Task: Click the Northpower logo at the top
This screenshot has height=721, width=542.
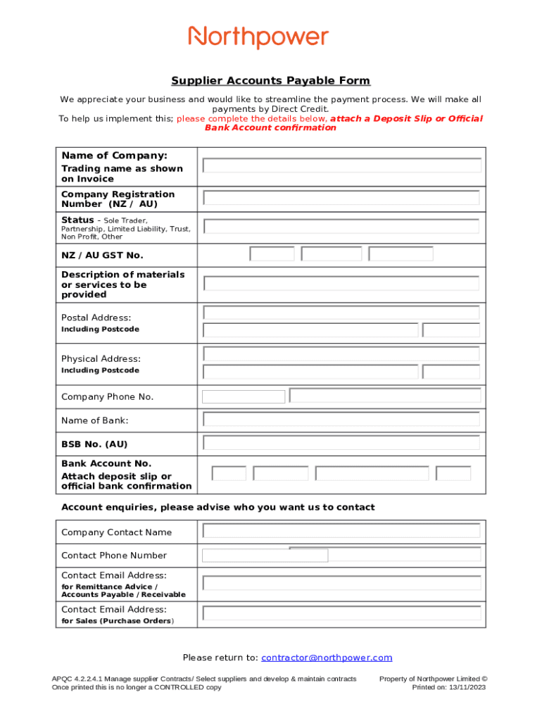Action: pos(258,37)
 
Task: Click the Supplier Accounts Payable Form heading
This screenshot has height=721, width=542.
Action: pos(271,81)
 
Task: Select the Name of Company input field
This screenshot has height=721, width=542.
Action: pos(341,165)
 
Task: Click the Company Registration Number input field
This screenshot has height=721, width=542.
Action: pos(341,198)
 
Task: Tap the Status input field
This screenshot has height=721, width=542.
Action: pos(341,227)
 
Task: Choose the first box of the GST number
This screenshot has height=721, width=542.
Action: pos(272,254)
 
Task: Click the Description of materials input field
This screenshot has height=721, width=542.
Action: pos(341,284)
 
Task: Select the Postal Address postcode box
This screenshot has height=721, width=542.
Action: pos(451,330)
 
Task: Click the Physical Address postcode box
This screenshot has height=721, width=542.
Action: pos(451,372)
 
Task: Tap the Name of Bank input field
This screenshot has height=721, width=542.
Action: pos(341,420)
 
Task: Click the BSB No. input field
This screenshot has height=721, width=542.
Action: pos(341,443)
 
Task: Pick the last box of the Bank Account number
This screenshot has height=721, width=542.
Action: pos(453,473)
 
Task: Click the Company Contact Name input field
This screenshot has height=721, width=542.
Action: pos(341,531)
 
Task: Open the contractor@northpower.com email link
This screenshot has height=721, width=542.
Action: pos(327,658)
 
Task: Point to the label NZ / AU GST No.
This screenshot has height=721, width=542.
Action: pos(102,255)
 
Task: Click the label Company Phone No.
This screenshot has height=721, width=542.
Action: pos(107,397)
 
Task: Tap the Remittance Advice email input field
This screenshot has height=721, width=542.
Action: pos(341,583)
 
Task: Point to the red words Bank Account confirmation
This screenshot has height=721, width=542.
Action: pos(270,128)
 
